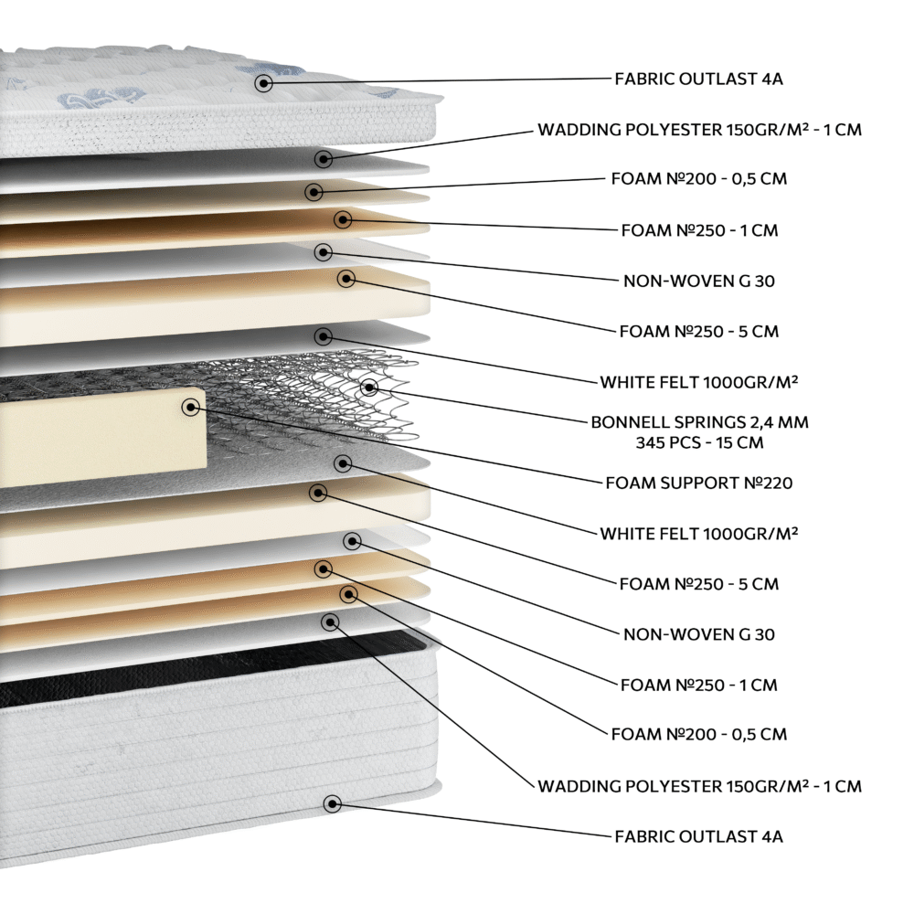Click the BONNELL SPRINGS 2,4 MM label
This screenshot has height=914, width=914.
(x=699, y=422)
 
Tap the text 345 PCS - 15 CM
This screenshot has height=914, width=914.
(x=699, y=442)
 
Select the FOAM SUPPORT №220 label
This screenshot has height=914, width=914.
(x=699, y=483)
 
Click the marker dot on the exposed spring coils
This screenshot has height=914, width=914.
(x=369, y=387)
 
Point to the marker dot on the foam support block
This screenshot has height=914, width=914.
(x=191, y=407)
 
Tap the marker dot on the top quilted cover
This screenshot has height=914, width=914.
(x=263, y=83)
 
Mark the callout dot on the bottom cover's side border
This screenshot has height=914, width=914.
(x=333, y=804)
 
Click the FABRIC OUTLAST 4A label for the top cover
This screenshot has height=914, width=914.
(x=699, y=79)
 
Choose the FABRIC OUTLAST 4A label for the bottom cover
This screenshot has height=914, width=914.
(x=699, y=836)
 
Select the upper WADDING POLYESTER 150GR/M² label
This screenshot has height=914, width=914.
(x=699, y=130)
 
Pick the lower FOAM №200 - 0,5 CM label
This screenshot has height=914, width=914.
(x=699, y=734)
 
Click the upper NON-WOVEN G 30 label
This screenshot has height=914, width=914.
(x=699, y=281)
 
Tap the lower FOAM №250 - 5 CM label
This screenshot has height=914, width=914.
(x=699, y=583)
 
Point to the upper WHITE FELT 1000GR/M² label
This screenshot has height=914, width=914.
(x=699, y=382)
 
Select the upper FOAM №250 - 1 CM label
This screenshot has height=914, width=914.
(x=699, y=230)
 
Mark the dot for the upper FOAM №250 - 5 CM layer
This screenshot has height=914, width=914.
(x=346, y=279)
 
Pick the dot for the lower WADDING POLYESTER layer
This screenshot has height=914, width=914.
(x=331, y=622)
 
